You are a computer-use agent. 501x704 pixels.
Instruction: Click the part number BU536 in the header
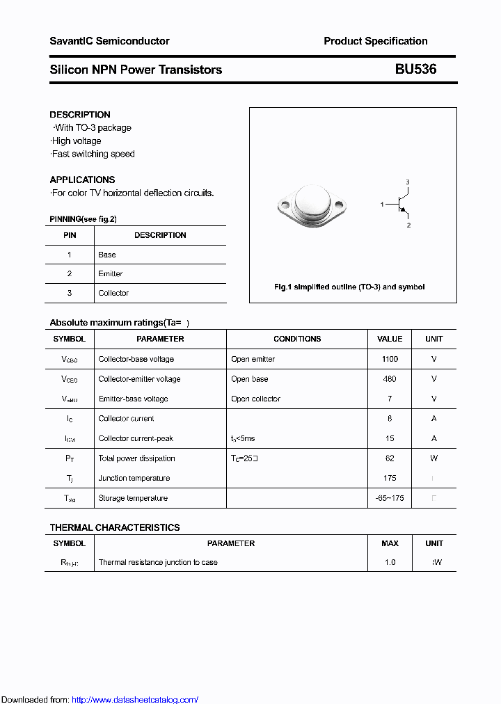[415, 70]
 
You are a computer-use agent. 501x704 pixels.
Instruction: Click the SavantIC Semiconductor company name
[109, 41]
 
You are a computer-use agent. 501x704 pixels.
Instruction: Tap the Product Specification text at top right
[375, 41]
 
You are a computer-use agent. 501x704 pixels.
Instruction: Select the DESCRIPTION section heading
[80, 115]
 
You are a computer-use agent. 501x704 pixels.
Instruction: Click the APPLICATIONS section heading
[82, 179]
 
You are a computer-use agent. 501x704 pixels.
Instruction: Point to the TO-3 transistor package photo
[312, 205]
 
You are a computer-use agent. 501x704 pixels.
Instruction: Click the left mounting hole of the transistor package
[284, 206]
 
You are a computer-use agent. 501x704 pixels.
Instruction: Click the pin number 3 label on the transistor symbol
[408, 182]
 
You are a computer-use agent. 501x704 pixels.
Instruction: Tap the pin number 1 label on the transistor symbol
[382, 205]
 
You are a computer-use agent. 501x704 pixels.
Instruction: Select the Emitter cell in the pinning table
[111, 274]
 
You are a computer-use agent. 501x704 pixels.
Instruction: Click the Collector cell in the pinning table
[113, 294]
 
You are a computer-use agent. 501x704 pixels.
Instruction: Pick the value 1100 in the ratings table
[390, 359]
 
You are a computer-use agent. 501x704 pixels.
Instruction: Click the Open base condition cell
[250, 379]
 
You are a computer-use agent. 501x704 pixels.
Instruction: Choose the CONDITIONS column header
[297, 339]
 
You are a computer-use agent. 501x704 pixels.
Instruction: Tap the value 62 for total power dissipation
[390, 458]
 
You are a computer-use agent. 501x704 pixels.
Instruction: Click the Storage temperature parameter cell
[133, 498]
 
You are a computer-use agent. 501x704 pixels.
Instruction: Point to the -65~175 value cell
[390, 498]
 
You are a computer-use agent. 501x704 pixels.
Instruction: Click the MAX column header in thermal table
[390, 543]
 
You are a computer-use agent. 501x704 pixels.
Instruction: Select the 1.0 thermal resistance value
[390, 562]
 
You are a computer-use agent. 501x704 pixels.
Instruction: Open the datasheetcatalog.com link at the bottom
[135, 700]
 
